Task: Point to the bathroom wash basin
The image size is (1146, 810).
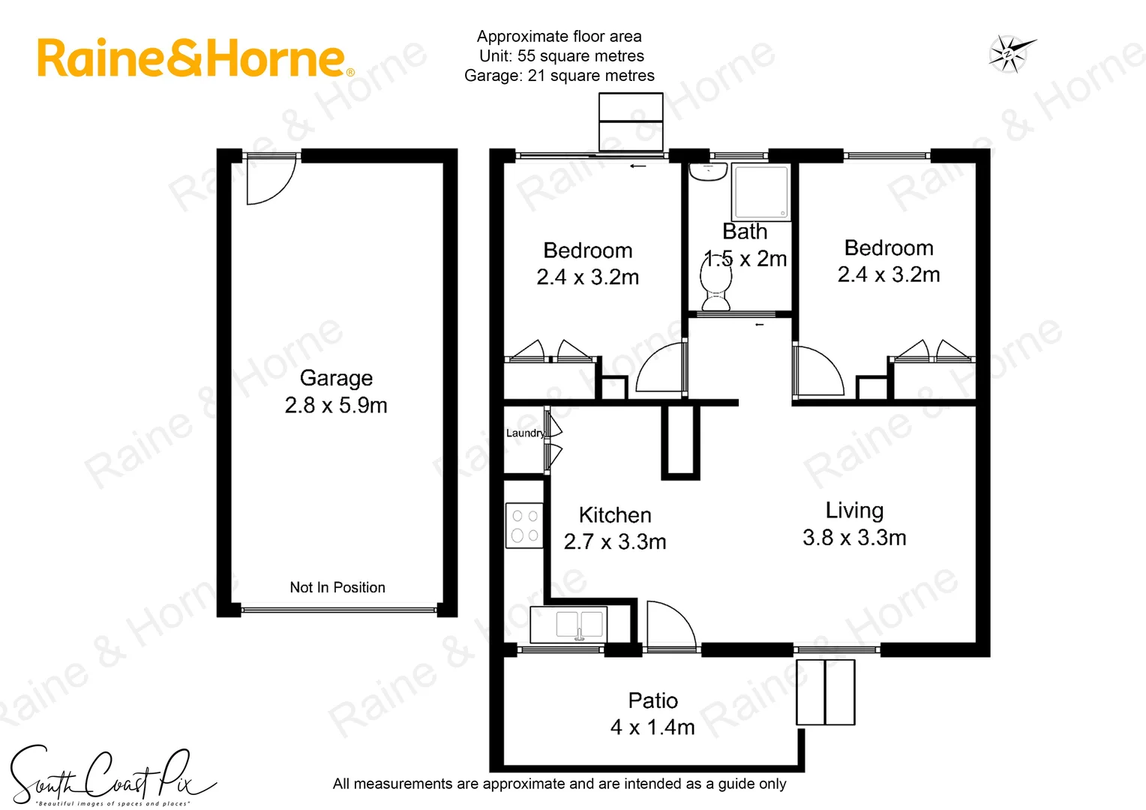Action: [x=707, y=172]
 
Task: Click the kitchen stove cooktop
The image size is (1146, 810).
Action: [x=524, y=525]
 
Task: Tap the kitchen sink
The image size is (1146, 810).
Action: [x=579, y=625]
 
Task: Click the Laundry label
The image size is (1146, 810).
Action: [x=524, y=433]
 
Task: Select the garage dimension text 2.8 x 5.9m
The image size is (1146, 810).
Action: [x=336, y=406]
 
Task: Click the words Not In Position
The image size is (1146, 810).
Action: [x=337, y=587]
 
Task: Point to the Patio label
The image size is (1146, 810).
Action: [x=652, y=700]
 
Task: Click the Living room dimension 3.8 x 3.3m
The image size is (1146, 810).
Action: [x=854, y=538]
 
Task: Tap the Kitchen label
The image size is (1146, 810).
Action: [x=615, y=515]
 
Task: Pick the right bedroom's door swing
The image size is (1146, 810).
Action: [x=819, y=371]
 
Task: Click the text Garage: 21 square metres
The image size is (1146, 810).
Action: [x=559, y=76]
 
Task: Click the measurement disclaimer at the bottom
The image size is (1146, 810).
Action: [x=559, y=784]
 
